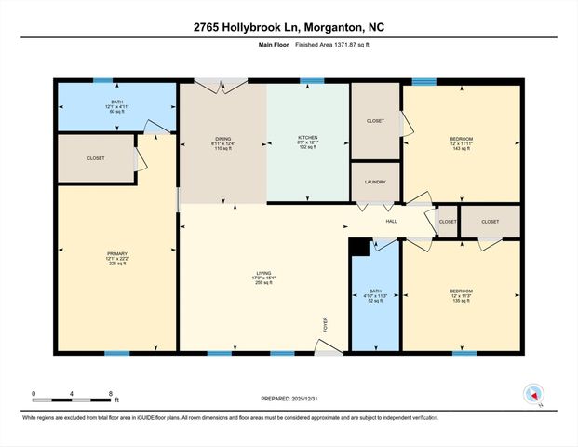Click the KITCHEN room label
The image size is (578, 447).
[x=308, y=138]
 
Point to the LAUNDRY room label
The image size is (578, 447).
[x=375, y=183]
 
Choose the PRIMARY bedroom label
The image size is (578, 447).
[x=116, y=253]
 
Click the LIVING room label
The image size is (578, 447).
[x=263, y=273]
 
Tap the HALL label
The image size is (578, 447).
[x=392, y=221]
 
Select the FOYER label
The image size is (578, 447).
[x=326, y=324]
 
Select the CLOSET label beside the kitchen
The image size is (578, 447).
[x=375, y=120]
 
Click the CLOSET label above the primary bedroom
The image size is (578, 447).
[x=96, y=158]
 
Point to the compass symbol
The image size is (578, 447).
[x=533, y=393]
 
